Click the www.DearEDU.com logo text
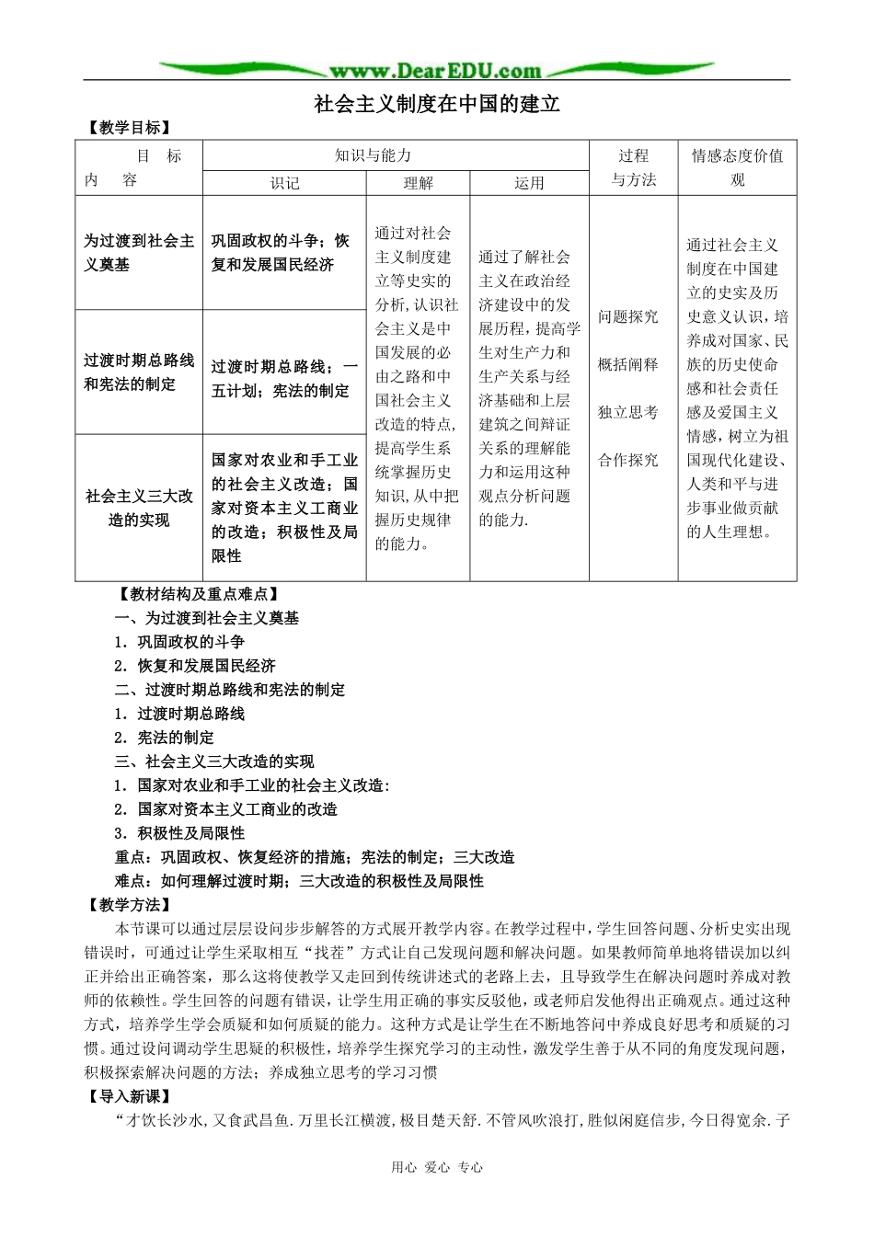pyautogui.click(x=435, y=71)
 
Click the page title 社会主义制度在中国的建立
pyautogui.click(x=437, y=104)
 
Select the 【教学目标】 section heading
pyautogui.click(x=130, y=128)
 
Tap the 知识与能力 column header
pyautogui.click(x=373, y=155)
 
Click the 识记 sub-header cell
pyautogui.click(x=284, y=183)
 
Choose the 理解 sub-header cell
pyautogui.click(x=418, y=183)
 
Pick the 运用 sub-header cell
pyautogui.click(x=529, y=183)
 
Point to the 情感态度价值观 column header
pyautogui.click(x=737, y=167)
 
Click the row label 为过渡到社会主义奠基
pyautogui.click(x=139, y=252)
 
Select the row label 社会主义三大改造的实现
pyautogui.click(x=139, y=508)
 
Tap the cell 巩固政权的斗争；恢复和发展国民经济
pyautogui.click(x=281, y=252)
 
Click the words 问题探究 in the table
pyautogui.click(x=628, y=316)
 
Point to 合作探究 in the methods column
pyautogui.click(x=628, y=460)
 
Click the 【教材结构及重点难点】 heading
pyautogui.click(x=197, y=594)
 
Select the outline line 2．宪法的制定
pyautogui.click(x=164, y=738)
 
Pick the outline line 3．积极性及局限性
pyautogui.click(x=179, y=833)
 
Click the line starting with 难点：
pyautogui.click(x=299, y=881)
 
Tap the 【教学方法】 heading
pyautogui.click(x=130, y=905)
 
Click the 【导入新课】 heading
pyautogui.click(x=130, y=1096)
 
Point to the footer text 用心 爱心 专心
pyautogui.click(x=437, y=1167)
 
